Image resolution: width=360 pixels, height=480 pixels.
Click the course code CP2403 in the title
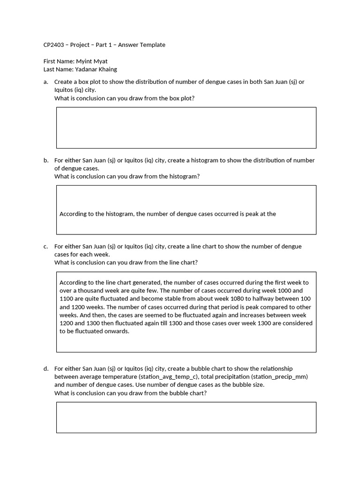pyautogui.click(x=53, y=45)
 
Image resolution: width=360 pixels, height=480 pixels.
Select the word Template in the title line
pyautogui.click(x=152, y=45)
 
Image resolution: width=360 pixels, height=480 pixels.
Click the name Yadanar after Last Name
pyautogui.click(x=86, y=69)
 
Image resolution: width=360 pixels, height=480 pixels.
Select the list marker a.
pyautogui.click(x=45, y=82)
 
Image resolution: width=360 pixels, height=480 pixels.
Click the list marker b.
pyautogui.click(x=46, y=160)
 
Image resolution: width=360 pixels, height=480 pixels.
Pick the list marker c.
pyautogui.click(x=45, y=247)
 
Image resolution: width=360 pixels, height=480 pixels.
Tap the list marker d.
pyautogui.click(x=46, y=369)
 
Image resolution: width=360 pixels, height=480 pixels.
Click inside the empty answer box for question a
pyautogui.click(x=186, y=127)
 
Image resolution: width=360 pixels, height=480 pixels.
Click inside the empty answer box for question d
pyautogui.click(x=186, y=417)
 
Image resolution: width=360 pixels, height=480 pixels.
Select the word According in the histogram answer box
pyautogui.click(x=73, y=214)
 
